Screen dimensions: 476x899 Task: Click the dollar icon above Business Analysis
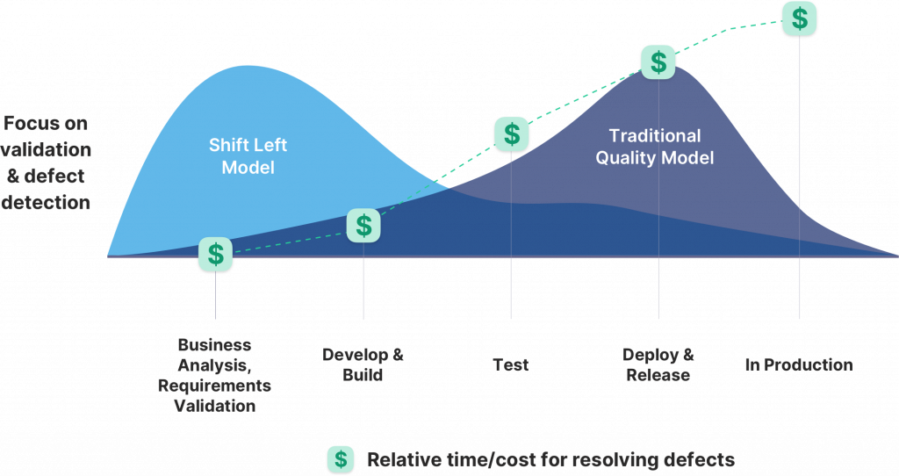click(x=216, y=255)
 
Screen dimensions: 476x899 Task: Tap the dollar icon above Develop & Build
click(x=363, y=226)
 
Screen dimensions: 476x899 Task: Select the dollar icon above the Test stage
click(x=511, y=134)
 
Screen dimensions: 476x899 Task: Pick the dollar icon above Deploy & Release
click(x=658, y=62)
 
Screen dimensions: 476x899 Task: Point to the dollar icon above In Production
click(x=800, y=18)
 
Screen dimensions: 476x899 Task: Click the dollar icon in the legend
click(x=341, y=458)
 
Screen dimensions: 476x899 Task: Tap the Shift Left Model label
click(x=248, y=155)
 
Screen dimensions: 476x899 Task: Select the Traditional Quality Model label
click(x=655, y=147)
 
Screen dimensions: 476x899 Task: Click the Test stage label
click(x=511, y=364)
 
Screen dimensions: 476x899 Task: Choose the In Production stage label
click(x=798, y=364)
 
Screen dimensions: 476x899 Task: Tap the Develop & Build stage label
click(x=363, y=364)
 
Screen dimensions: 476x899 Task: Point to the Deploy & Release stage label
click(x=658, y=364)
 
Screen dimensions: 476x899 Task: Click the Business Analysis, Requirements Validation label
click(x=215, y=375)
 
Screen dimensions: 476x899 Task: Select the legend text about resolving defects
click(x=550, y=458)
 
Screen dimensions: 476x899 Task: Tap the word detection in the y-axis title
click(x=46, y=202)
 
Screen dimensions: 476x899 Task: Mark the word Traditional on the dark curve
click(x=655, y=136)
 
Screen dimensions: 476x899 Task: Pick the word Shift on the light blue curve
click(x=227, y=144)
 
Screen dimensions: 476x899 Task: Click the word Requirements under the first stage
click(x=215, y=386)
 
